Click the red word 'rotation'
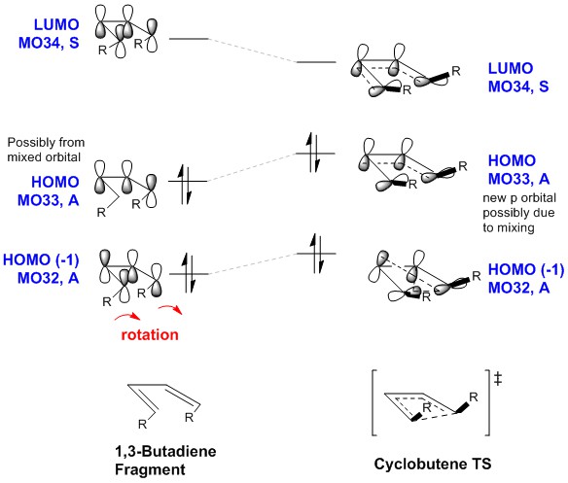(x=150, y=334)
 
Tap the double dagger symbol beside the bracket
(x=498, y=379)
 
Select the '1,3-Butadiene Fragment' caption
(x=165, y=461)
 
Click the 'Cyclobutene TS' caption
(x=433, y=464)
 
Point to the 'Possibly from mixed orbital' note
(x=46, y=150)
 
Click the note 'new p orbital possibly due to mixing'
(x=519, y=213)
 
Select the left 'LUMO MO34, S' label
(x=49, y=34)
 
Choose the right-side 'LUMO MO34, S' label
(x=518, y=77)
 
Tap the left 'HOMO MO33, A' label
(x=49, y=190)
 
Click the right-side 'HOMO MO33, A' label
(x=518, y=169)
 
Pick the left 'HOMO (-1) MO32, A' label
(x=41, y=268)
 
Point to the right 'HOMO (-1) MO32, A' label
(x=526, y=279)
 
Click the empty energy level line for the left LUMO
(x=189, y=38)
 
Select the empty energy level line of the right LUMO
(x=316, y=62)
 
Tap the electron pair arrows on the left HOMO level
(x=185, y=184)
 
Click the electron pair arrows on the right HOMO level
(x=313, y=153)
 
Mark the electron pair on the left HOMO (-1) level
(x=189, y=273)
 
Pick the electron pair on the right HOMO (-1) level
(x=316, y=254)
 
